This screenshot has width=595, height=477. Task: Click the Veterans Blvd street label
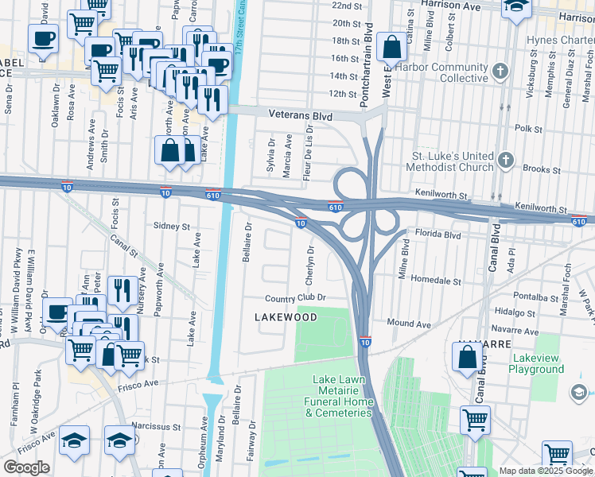coord(300,115)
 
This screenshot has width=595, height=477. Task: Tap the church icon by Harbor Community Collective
coord(500,72)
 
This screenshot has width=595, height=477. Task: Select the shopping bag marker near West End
coord(392,48)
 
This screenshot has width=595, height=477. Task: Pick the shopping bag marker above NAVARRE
coord(468,357)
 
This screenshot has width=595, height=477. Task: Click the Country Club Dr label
coord(296,297)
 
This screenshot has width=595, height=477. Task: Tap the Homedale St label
coord(436,281)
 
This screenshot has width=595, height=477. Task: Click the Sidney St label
coord(172,227)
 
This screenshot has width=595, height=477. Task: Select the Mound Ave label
coord(409,324)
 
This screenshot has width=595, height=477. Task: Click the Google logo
coord(26,467)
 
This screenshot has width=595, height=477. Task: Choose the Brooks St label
coord(542,169)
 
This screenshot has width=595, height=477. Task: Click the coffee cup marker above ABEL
coord(44,38)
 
